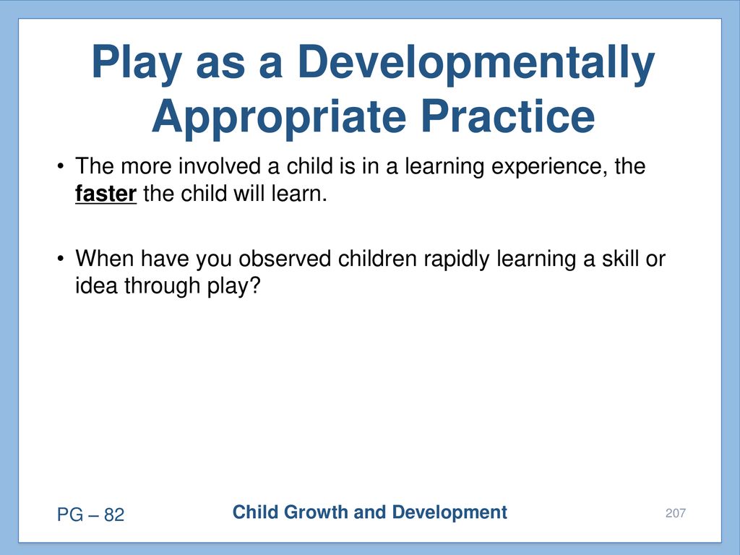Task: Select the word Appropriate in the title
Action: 279,118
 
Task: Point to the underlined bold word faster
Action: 106,194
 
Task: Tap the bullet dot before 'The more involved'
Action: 60,167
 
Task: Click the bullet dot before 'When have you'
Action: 60,259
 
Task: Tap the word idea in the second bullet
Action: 96,285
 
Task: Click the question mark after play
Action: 255,285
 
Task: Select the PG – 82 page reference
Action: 90,515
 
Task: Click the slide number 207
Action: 676,513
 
